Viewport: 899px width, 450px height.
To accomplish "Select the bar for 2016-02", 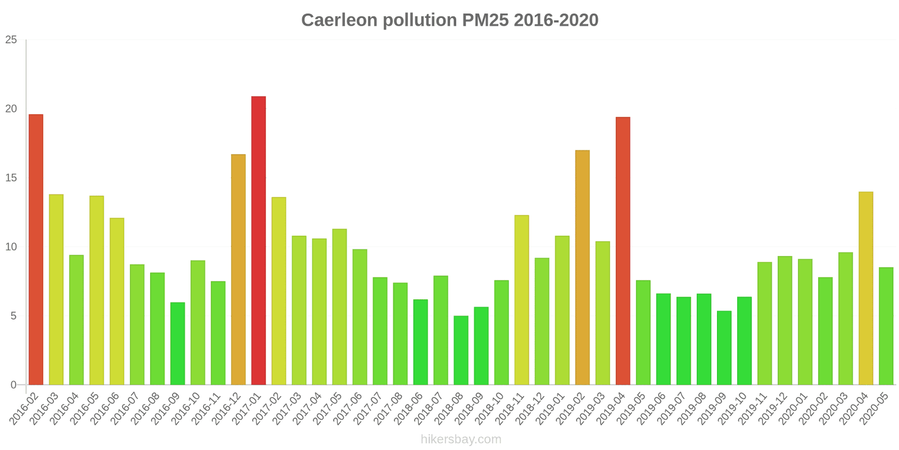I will click(36, 250).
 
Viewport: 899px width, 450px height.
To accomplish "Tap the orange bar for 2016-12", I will click(238, 269).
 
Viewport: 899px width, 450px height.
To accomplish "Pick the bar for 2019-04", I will click(623, 251).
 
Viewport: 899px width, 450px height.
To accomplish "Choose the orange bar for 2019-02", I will click(582, 268).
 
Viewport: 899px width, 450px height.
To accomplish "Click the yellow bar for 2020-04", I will click(866, 289).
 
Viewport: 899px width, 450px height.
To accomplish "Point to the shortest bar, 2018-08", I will click(461, 350).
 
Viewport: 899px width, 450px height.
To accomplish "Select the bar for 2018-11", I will click(521, 300).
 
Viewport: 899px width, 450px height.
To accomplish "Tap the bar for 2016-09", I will click(178, 344).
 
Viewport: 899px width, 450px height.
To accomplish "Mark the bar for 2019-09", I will click(724, 348).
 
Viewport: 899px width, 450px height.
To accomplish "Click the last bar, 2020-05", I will click(886, 326).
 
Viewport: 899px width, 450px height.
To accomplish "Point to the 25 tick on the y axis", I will click(11, 40).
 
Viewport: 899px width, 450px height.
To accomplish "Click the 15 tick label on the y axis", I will click(11, 178).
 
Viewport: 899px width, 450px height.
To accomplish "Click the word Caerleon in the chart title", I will click(339, 20).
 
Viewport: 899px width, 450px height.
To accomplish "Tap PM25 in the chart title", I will click(485, 20).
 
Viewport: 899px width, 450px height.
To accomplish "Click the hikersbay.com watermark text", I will click(461, 439).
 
